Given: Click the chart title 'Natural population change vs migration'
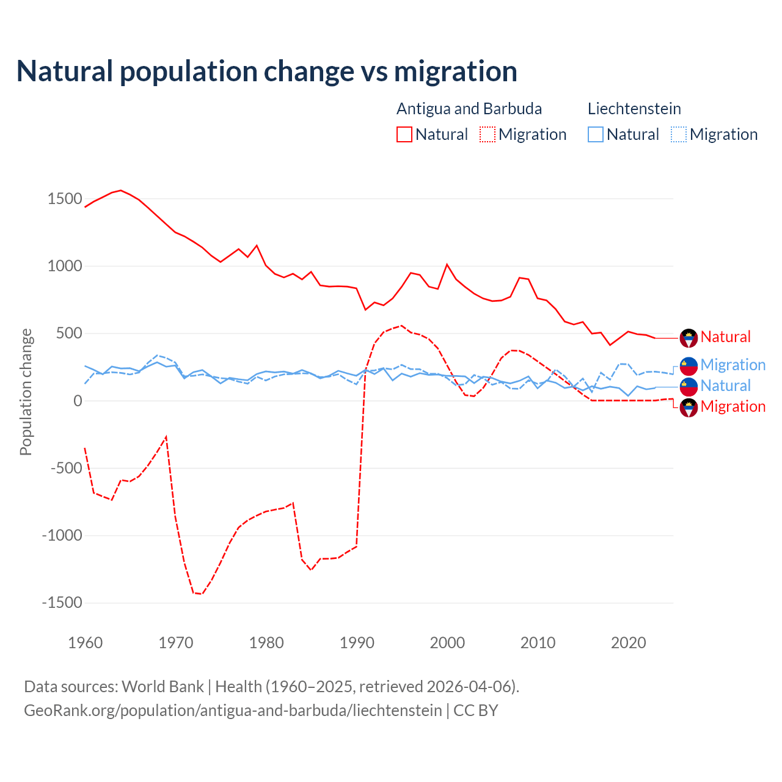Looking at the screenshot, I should click(x=267, y=71).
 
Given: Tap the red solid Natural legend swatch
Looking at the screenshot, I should click(x=404, y=134).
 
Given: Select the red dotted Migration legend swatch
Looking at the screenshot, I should click(x=487, y=134).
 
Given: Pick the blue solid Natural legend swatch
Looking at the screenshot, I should click(x=595, y=134).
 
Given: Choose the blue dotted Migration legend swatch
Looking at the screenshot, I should click(x=678, y=134).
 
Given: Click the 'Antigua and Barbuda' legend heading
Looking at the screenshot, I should click(x=469, y=109).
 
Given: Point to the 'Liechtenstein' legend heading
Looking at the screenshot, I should click(x=634, y=109).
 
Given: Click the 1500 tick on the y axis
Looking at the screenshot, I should click(x=65, y=199).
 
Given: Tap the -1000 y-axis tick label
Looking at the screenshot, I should click(x=62, y=536).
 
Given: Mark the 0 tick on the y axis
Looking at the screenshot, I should click(x=78, y=401).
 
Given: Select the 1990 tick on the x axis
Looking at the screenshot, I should click(x=357, y=643).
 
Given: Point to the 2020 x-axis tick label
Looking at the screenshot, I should click(x=628, y=643).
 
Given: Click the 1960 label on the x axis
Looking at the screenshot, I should click(x=86, y=643).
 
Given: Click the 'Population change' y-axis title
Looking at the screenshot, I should click(x=26, y=392).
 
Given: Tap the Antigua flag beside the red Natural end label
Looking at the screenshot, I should click(x=689, y=338).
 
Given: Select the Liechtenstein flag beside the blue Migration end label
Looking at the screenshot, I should click(x=689, y=366).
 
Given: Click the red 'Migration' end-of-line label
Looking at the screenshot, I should click(x=733, y=407).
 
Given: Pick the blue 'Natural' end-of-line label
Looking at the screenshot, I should click(x=725, y=386).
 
